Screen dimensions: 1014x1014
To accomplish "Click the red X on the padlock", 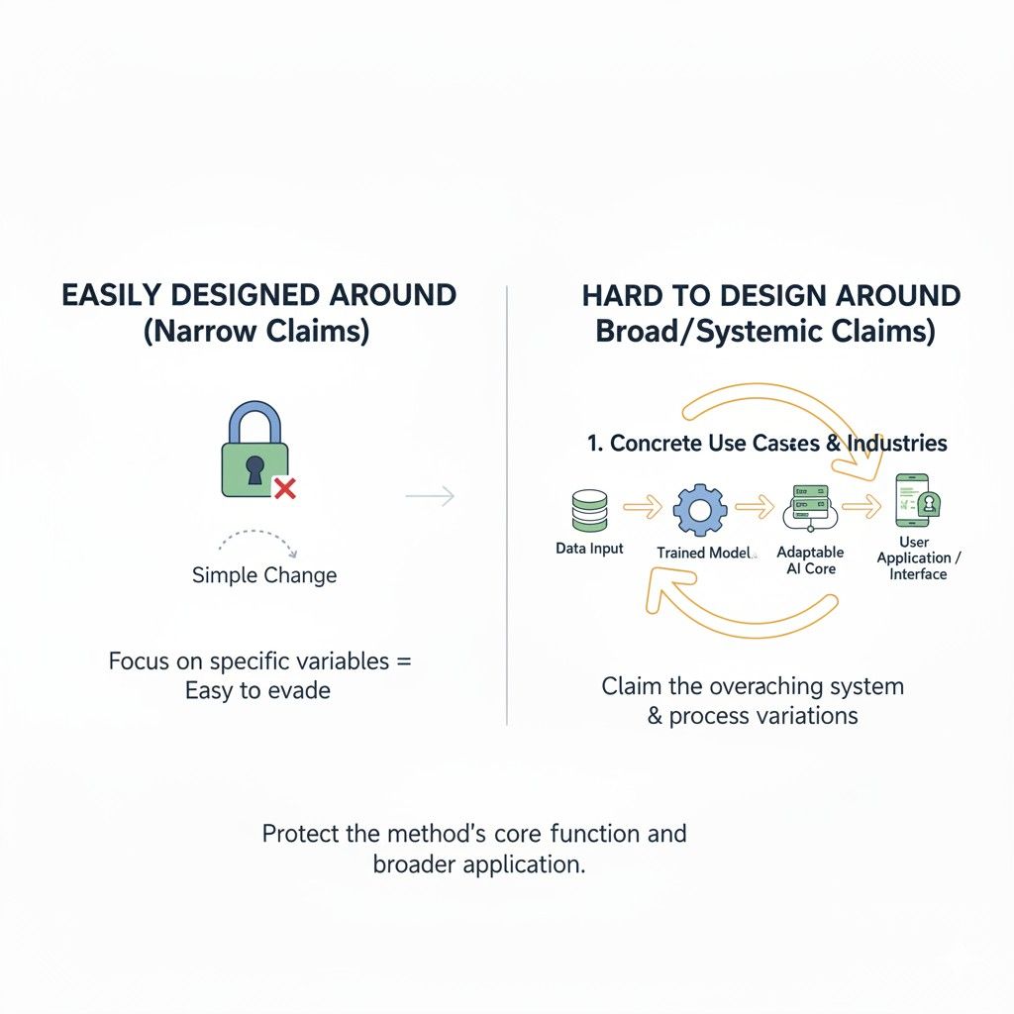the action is (284, 488).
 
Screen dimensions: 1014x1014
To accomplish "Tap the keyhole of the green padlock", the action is (254, 469).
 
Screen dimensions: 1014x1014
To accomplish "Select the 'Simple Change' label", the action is (263, 575).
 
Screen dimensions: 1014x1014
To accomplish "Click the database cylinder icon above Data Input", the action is (590, 511).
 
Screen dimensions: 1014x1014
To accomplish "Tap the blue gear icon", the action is (700, 510).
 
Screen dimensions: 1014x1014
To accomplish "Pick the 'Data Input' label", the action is (589, 549).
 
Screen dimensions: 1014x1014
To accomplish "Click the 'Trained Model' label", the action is (704, 553).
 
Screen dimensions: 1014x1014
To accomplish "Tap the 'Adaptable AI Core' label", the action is (810, 560).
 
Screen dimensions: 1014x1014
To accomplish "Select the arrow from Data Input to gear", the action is (643, 506).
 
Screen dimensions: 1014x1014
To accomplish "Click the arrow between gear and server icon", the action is (755, 506).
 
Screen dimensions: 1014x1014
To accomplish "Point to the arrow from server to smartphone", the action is (862, 506).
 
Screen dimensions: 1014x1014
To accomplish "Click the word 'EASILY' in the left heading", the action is (111, 295).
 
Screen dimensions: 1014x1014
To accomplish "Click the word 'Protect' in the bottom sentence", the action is (301, 834).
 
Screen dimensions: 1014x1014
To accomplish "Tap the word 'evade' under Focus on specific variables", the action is (299, 690).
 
